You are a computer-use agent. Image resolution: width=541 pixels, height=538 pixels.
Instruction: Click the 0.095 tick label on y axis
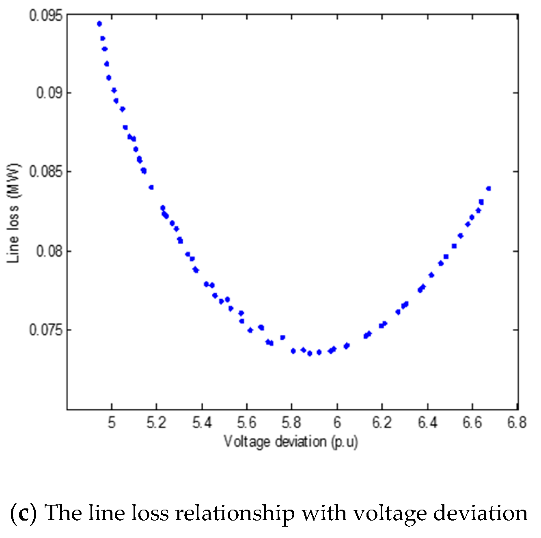tap(46, 16)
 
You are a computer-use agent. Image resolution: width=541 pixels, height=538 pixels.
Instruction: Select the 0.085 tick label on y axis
tap(46, 171)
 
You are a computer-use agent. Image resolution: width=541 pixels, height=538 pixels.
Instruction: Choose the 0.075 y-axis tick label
tap(46, 330)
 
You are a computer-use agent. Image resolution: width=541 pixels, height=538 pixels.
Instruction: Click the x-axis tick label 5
tap(112, 422)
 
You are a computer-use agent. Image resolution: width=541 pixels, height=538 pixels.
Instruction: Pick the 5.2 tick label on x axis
tap(156, 422)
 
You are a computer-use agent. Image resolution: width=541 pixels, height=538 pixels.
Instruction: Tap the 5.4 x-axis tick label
tap(202, 422)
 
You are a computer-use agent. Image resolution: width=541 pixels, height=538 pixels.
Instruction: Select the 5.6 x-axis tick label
tap(247, 422)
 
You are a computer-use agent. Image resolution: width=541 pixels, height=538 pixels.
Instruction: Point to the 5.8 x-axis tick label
tap(291, 422)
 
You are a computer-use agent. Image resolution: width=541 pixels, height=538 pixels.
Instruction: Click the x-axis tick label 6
tap(337, 422)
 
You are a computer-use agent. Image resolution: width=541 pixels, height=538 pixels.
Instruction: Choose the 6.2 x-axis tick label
tap(382, 422)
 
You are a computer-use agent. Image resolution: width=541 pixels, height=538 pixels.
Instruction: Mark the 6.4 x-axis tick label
tap(427, 422)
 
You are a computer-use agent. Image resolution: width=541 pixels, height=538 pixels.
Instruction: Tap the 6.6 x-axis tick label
tap(472, 422)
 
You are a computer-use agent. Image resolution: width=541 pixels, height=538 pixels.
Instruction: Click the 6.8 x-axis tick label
tap(516, 422)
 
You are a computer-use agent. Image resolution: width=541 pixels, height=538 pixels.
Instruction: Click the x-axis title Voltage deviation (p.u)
tap(291, 441)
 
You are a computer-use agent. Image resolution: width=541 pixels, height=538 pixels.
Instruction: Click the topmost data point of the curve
tap(99, 24)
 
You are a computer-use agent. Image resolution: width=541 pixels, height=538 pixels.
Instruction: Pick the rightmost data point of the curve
tap(488, 189)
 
